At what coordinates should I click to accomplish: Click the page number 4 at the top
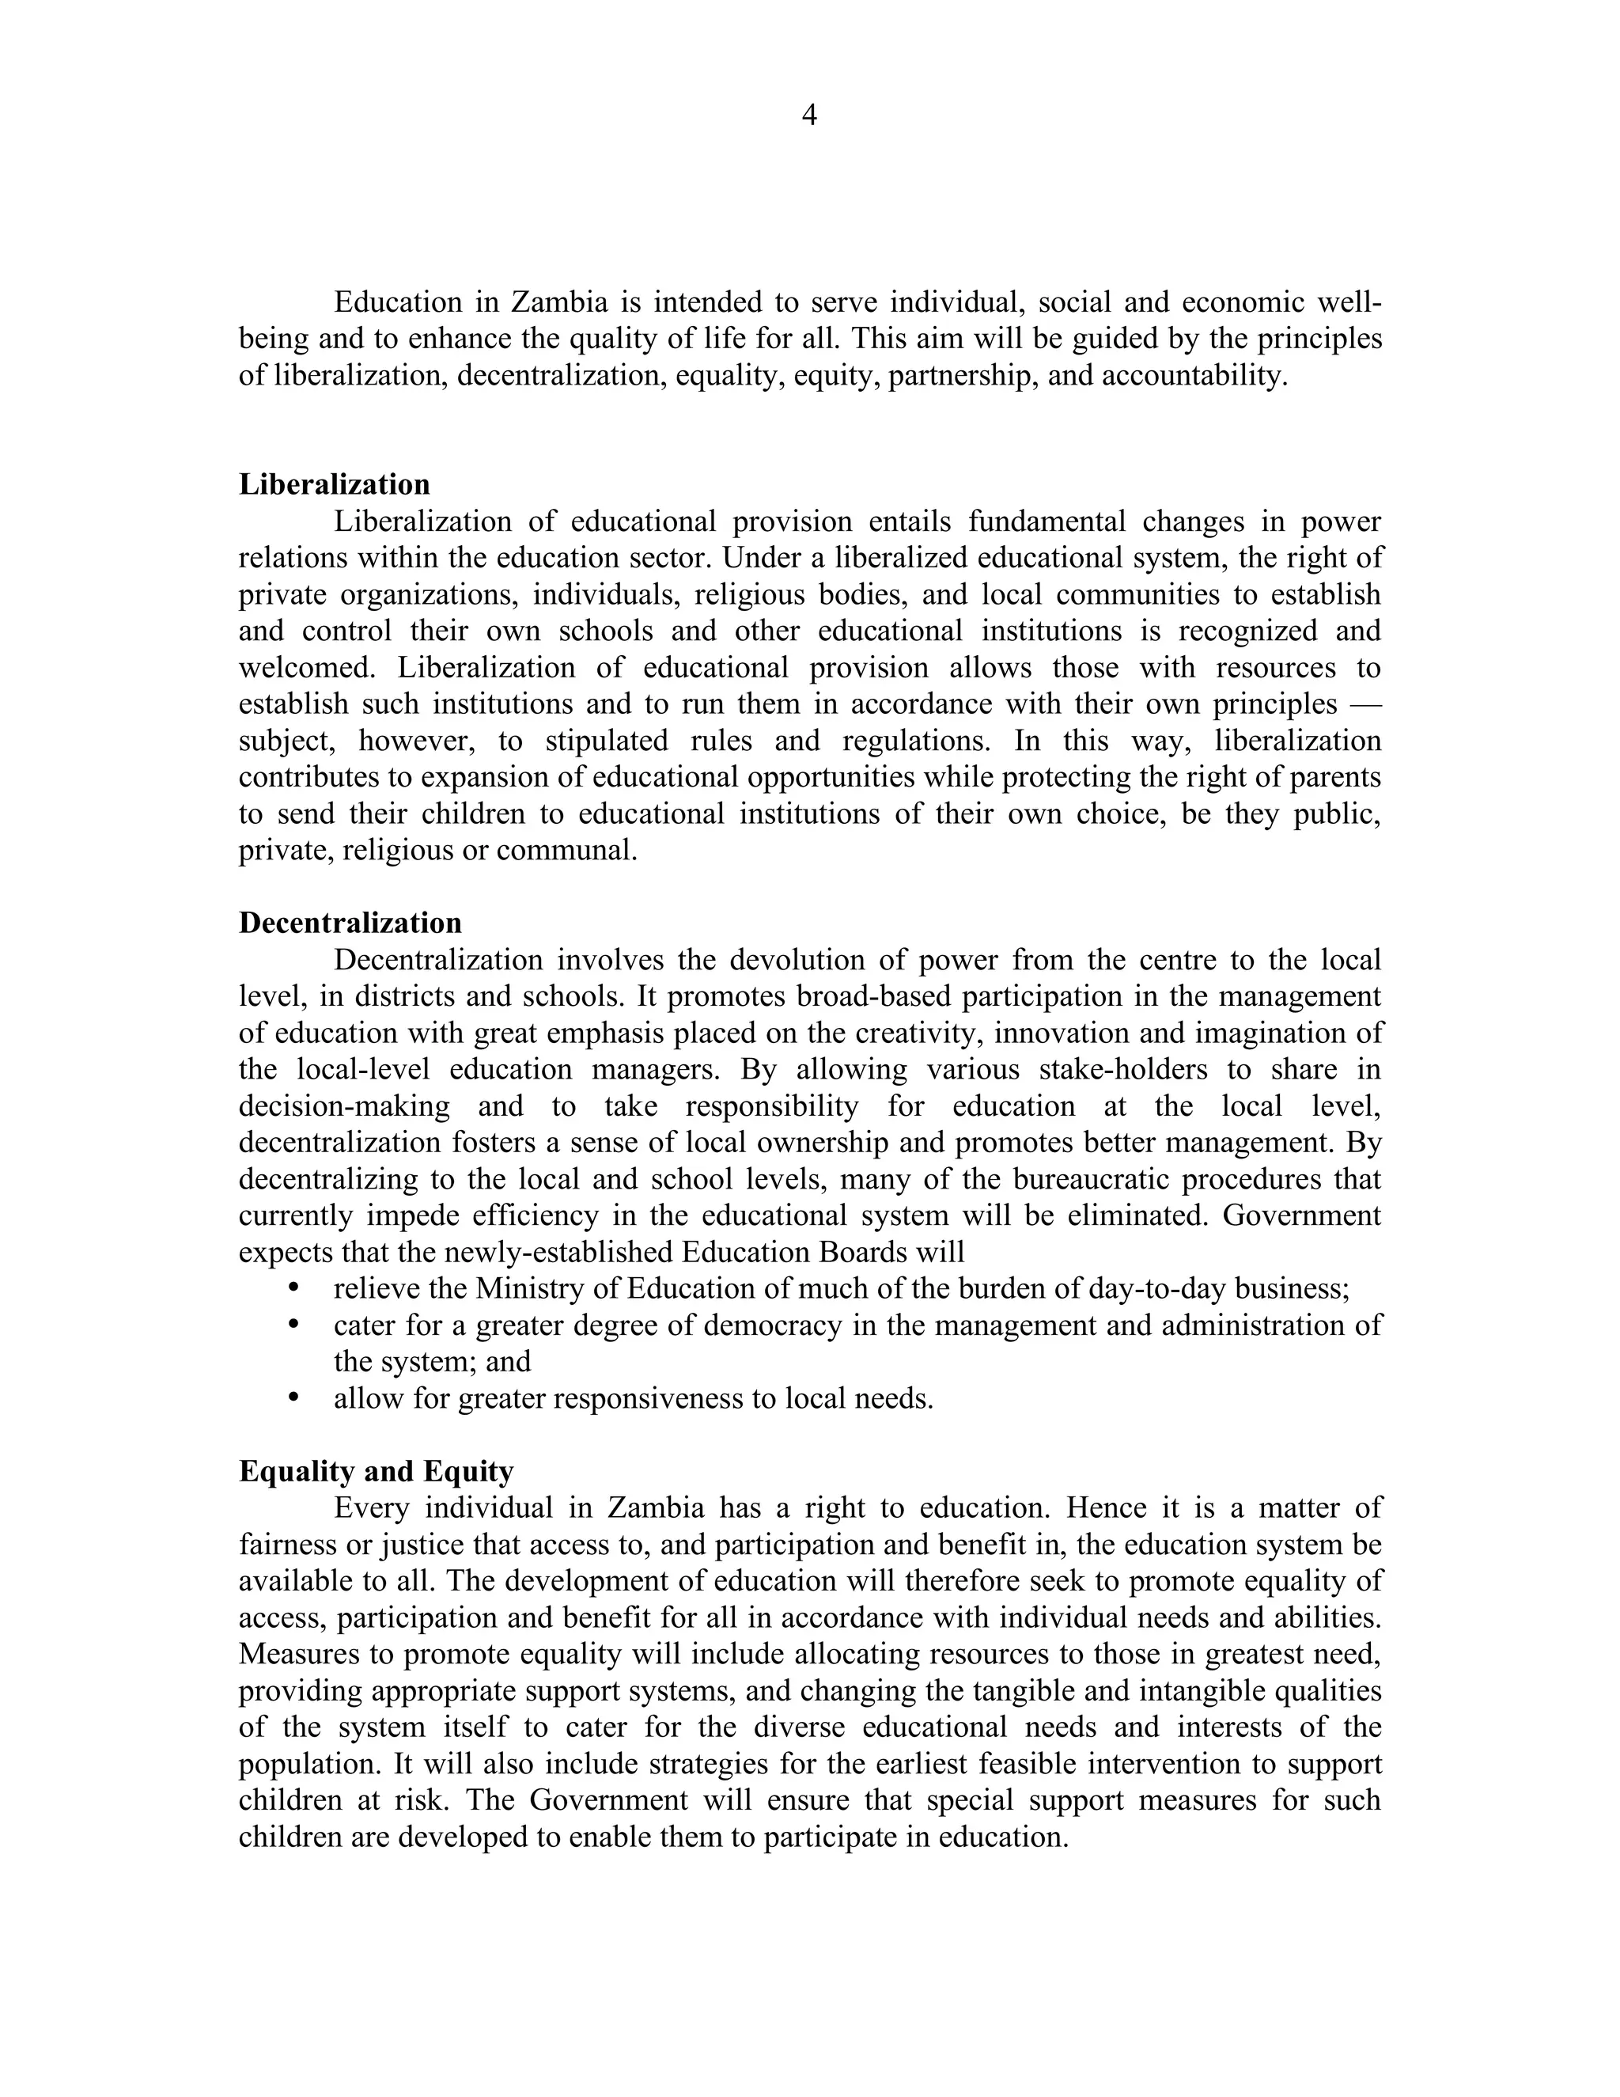point(809,116)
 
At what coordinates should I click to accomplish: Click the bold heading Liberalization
point(334,484)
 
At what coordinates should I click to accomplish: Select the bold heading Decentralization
point(350,923)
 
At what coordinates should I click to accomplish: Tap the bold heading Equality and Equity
point(377,1472)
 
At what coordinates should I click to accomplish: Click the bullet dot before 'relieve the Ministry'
point(294,1287)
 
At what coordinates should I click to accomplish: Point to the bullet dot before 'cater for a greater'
point(294,1324)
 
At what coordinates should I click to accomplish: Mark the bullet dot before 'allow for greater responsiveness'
point(294,1398)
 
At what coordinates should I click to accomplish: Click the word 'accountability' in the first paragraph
point(1192,375)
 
